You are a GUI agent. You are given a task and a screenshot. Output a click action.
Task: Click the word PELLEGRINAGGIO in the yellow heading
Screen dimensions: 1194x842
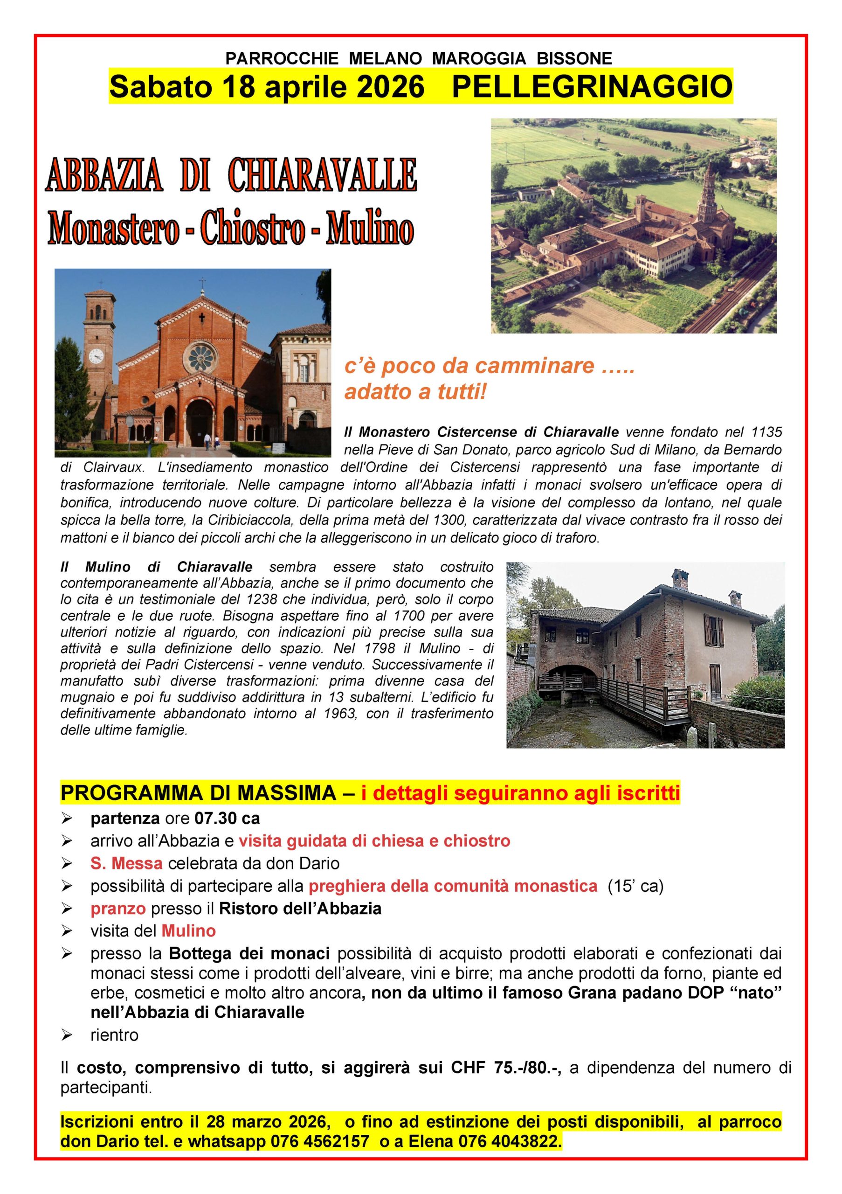[x=592, y=86]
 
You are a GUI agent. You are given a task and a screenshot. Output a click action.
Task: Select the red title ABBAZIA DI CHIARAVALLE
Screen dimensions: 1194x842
[x=231, y=176]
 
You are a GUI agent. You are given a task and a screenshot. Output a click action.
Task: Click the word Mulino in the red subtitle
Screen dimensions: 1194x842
[x=370, y=229]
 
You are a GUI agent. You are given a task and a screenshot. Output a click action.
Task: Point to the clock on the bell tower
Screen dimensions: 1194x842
[x=96, y=356]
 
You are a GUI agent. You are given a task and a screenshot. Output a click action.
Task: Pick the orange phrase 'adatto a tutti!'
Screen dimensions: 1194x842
[x=415, y=392]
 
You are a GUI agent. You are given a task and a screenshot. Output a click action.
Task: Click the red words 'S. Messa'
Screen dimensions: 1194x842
[x=126, y=863]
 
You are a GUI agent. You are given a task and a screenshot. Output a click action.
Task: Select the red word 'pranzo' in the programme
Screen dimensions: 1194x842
[x=118, y=909]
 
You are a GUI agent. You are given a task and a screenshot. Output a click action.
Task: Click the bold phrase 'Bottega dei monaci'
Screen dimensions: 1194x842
[x=249, y=954]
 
